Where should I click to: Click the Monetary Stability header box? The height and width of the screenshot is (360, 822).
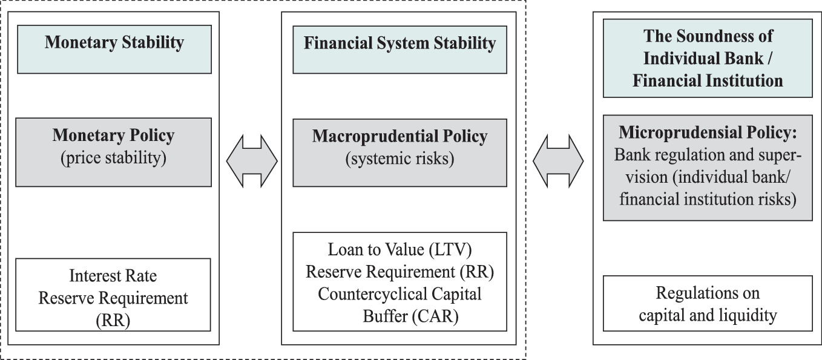(x=114, y=49)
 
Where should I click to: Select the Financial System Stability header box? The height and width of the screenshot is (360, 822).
(x=399, y=49)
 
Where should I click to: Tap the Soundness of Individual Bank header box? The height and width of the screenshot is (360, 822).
(x=708, y=59)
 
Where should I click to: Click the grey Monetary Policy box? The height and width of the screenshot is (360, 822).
(x=114, y=152)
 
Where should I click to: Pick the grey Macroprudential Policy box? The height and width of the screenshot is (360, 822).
(x=399, y=152)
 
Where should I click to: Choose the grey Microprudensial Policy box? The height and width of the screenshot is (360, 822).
(x=708, y=168)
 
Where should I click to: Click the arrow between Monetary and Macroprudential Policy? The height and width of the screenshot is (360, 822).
(x=252, y=160)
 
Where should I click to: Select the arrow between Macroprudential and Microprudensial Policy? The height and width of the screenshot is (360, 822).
(x=558, y=160)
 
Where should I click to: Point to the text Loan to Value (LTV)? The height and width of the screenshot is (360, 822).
(x=399, y=249)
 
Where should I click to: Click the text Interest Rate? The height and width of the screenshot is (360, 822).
(x=113, y=276)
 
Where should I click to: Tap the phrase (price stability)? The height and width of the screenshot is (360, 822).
(x=113, y=160)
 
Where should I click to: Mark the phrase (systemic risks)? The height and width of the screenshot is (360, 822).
(x=399, y=160)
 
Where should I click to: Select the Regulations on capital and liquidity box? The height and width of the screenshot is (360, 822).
(x=708, y=304)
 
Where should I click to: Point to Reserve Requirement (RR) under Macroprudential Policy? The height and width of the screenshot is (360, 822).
(x=399, y=272)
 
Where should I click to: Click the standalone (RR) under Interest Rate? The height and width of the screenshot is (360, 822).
(x=113, y=321)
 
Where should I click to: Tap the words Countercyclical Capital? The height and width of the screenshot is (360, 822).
(x=399, y=294)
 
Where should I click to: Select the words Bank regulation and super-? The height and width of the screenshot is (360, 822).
(x=708, y=155)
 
